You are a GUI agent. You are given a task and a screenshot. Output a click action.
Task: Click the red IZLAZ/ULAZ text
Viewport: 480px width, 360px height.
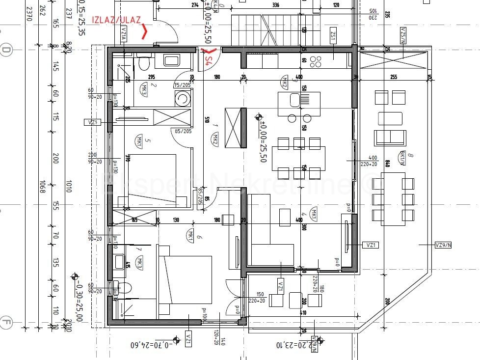(116, 20)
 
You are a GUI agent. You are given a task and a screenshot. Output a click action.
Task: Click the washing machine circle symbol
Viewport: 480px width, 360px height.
(183, 99)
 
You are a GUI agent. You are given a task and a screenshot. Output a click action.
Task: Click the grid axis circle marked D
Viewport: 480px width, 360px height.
(6, 50)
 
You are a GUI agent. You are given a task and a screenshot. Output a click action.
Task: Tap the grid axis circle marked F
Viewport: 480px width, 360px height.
(6, 323)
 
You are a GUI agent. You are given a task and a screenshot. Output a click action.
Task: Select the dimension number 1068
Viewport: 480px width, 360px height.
(43, 188)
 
